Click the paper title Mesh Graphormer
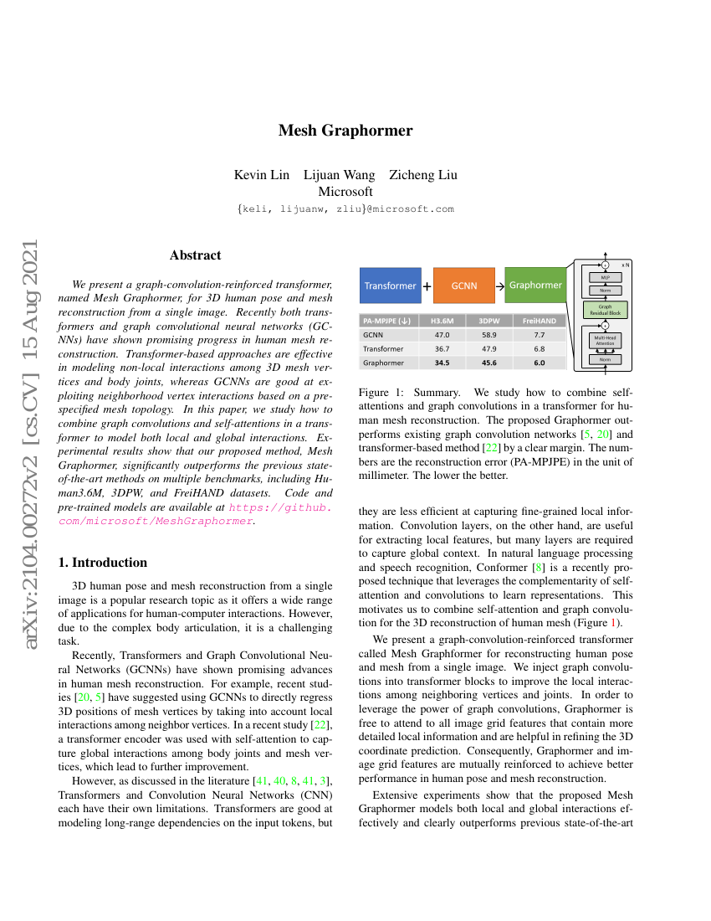pos(345,130)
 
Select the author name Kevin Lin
pos(263,175)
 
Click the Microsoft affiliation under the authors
pos(345,192)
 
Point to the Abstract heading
pos(195,255)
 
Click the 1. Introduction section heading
pos(103,563)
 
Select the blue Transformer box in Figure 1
pos(390,286)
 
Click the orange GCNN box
pos(464,286)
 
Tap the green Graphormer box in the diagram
pos(535,286)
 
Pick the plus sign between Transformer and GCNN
pos(427,286)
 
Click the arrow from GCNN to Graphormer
pos(499,286)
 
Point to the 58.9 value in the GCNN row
pos(488,334)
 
